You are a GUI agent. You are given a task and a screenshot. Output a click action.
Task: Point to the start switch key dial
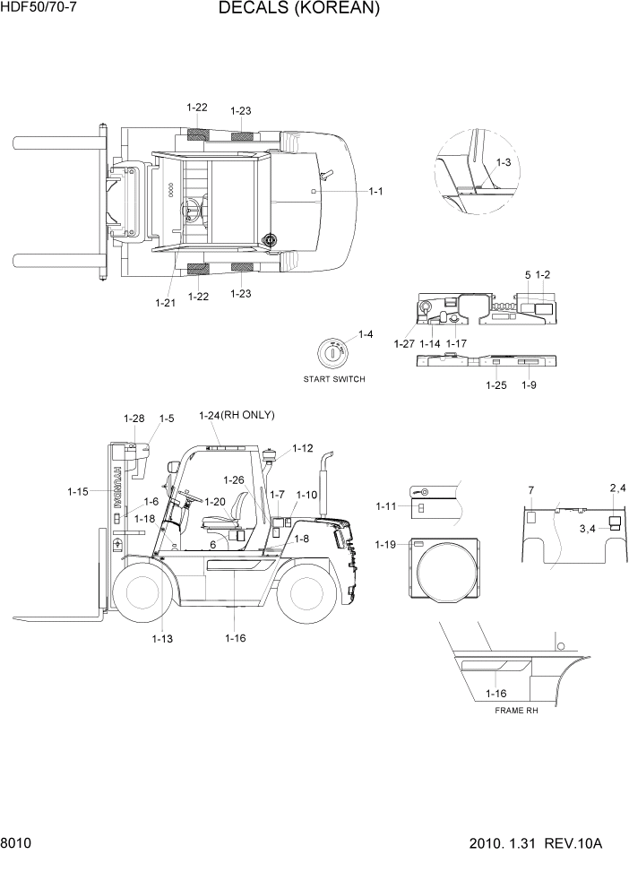tap(333, 353)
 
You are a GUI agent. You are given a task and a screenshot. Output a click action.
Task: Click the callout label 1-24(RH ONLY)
tap(237, 415)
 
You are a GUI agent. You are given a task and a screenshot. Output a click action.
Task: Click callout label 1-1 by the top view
tap(376, 191)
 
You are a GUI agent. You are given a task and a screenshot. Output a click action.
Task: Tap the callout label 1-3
tap(503, 162)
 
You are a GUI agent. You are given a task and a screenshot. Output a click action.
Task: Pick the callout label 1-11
tap(386, 507)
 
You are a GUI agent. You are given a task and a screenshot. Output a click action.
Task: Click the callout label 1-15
tap(78, 491)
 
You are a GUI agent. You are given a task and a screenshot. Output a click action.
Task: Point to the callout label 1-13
tap(162, 638)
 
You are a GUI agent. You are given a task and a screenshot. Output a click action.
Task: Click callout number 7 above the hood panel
tap(530, 489)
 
